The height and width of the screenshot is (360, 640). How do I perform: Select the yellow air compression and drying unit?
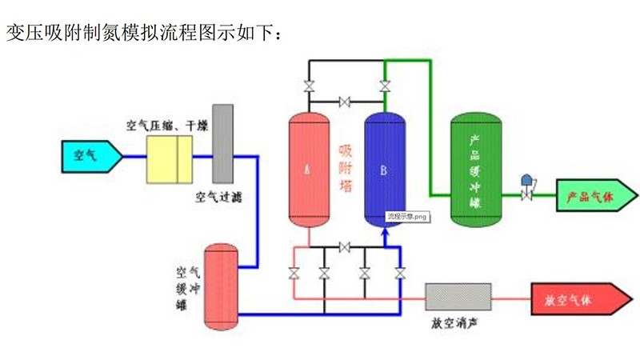(x=169, y=158)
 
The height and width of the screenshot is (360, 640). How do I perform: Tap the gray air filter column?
(x=222, y=142)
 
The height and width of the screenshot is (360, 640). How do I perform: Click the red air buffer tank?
(x=221, y=286)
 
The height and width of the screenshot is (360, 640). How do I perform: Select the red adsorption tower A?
(x=308, y=168)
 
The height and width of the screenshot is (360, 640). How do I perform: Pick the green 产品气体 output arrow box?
(x=595, y=195)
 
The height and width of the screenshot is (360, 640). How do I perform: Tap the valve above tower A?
(x=309, y=86)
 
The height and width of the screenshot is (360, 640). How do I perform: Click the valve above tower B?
(x=385, y=86)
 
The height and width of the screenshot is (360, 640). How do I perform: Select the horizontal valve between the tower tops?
(x=346, y=102)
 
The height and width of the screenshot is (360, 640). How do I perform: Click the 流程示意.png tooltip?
(x=407, y=217)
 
